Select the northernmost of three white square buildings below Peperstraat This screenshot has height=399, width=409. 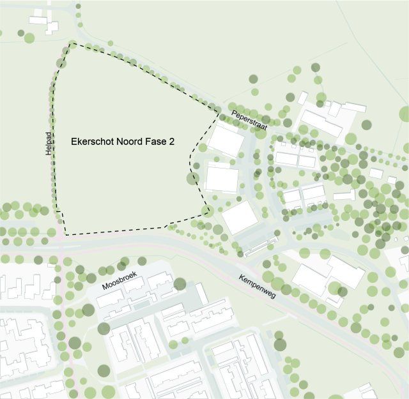tap(226, 139)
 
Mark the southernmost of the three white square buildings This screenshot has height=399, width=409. tap(240, 217)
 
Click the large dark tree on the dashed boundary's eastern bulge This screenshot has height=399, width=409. tap(191, 178)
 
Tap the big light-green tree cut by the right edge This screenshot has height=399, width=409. tap(405, 114)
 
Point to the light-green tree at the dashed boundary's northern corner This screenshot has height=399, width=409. tap(73, 45)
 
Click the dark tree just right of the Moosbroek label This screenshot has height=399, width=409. tap(180, 283)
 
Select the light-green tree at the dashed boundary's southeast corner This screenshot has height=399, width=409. tap(206, 211)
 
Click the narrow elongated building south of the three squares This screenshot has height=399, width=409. tap(261, 245)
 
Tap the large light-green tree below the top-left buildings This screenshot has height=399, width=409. tap(29, 38)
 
